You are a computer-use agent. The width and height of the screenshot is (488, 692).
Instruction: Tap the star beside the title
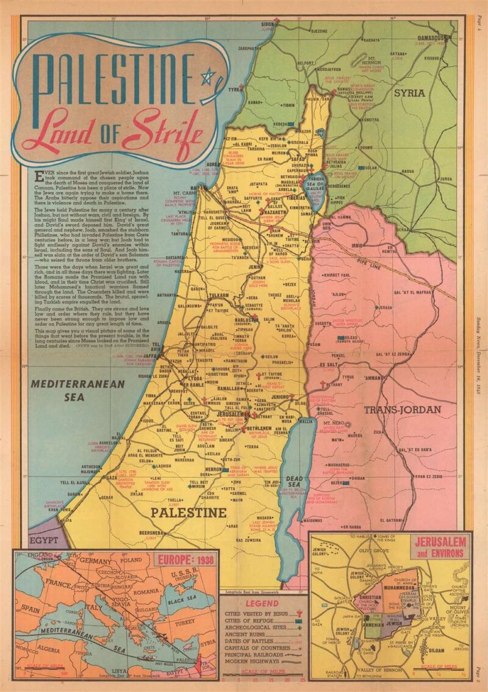click(x=209, y=77)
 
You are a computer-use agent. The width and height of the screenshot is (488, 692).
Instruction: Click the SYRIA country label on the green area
click(x=409, y=93)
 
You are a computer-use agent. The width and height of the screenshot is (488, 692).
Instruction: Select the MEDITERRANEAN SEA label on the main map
click(x=77, y=389)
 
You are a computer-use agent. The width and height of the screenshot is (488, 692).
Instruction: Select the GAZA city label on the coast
click(x=112, y=478)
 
